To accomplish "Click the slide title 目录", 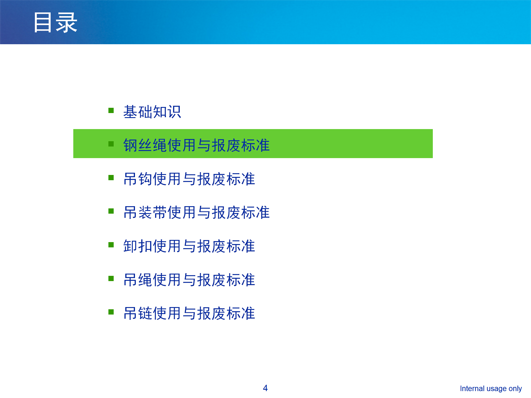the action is [55, 23].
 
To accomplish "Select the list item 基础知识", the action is [152, 112].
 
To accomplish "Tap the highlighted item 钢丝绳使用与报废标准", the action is [196, 145].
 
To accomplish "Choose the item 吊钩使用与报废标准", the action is [189, 179].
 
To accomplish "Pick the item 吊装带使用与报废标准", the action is [196, 213].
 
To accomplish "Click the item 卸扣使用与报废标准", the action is [189, 246].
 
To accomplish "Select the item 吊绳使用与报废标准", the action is [189, 280].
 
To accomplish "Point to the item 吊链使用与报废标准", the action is [189, 313].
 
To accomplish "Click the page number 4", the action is [265, 388].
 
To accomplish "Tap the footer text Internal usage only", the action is [491, 389].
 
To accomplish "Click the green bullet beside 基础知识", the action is [111, 111].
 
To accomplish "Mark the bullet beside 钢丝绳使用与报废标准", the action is [111, 144].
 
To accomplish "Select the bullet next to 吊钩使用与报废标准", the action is [111, 178].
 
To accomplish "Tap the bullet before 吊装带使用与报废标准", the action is [111, 211].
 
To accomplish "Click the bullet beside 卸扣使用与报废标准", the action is [111, 245].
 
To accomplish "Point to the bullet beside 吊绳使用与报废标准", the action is [111, 279].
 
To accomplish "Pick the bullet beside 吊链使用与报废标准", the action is [111, 312].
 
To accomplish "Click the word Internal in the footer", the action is [472, 388].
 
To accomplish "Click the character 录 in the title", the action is [67, 23].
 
